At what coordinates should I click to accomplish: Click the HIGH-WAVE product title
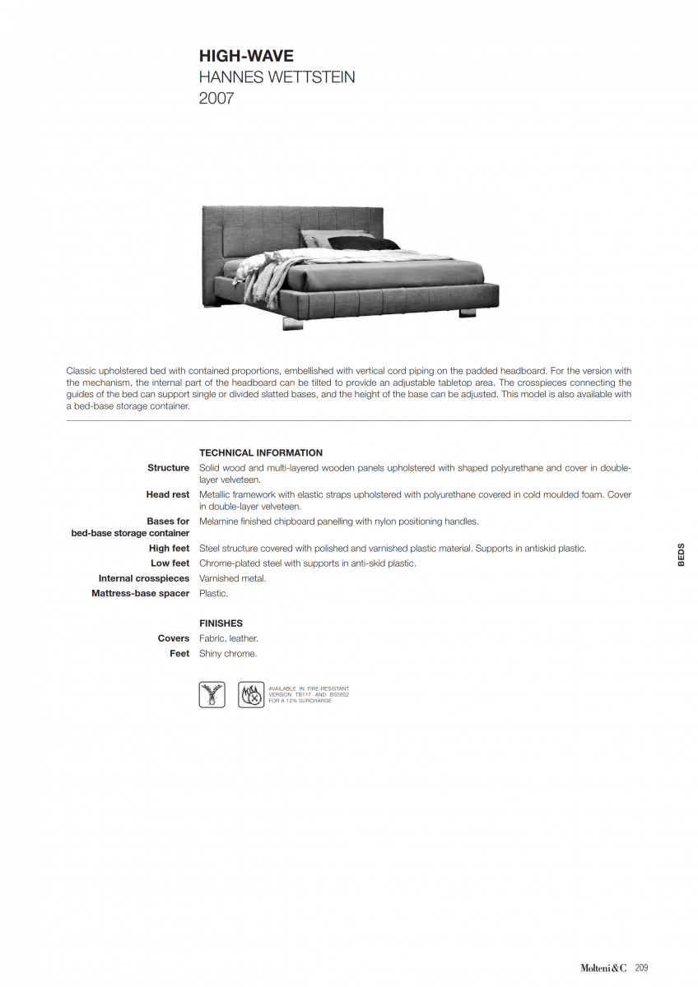point(246,57)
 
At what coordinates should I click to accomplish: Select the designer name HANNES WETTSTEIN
point(277,78)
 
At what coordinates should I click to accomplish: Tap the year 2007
point(216,100)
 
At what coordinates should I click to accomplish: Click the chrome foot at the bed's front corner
point(292,322)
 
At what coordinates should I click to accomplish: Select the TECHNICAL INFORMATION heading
point(261,453)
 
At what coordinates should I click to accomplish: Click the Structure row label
point(169,468)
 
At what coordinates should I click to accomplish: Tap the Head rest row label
point(168,495)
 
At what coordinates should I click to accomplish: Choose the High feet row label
point(170,549)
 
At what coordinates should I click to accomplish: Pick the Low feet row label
point(170,563)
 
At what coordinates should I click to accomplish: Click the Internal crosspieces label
point(144,579)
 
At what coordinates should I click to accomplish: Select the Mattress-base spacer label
point(141,594)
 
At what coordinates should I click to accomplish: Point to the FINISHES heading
point(221,623)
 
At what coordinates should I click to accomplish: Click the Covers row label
point(174,639)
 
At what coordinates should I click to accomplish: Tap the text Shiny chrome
point(228,654)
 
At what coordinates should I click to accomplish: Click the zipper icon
point(212,695)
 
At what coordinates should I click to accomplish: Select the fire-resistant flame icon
point(251,695)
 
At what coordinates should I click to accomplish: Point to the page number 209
point(641,968)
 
